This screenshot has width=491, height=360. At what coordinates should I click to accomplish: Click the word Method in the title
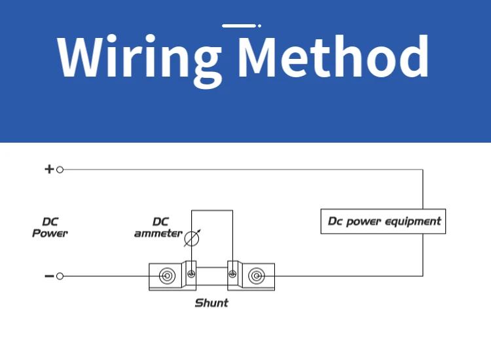click(333, 57)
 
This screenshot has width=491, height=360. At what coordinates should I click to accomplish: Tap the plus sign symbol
click(48, 169)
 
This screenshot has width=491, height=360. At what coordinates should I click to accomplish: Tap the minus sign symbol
click(48, 276)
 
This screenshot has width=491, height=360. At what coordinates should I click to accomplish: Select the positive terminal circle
click(60, 170)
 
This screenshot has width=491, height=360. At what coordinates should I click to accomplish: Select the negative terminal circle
click(60, 276)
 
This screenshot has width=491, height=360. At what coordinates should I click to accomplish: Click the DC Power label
click(50, 228)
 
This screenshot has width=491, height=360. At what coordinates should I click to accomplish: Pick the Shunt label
click(211, 303)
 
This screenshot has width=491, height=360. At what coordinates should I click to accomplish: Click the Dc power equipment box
click(383, 221)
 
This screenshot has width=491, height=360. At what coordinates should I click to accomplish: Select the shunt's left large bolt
click(167, 276)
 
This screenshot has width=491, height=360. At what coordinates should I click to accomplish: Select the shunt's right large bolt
click(255, 276)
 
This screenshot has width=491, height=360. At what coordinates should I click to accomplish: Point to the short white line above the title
click(239, 26)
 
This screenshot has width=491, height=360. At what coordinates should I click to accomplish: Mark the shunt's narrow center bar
click(211, 276)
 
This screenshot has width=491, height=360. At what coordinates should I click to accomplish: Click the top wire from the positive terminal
click(242, 170)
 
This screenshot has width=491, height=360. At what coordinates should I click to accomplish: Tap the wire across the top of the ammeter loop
click(211, 210)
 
